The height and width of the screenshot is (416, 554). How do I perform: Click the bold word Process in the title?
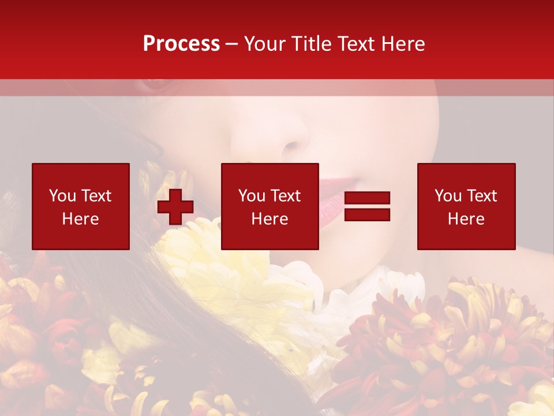(x=181, y=44)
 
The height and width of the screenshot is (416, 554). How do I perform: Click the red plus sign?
(x=175, y=206)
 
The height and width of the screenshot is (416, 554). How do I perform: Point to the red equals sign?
(x=367, y=206)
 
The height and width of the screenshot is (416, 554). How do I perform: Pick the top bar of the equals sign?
(x=367, y=198)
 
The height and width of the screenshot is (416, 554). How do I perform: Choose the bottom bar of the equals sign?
(x=367, y=214)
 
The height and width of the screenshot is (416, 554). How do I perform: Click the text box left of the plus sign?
(x=80, y=206)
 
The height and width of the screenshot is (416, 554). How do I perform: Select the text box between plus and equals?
(x=269, y=206)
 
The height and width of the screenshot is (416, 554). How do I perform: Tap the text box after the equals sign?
(x=466, y=206)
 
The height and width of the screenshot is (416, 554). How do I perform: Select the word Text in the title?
(x=357, y=44)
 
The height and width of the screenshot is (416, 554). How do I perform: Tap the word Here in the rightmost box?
(x=466, y=219)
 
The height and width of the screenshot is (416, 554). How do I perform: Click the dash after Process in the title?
(x=232, y=44)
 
